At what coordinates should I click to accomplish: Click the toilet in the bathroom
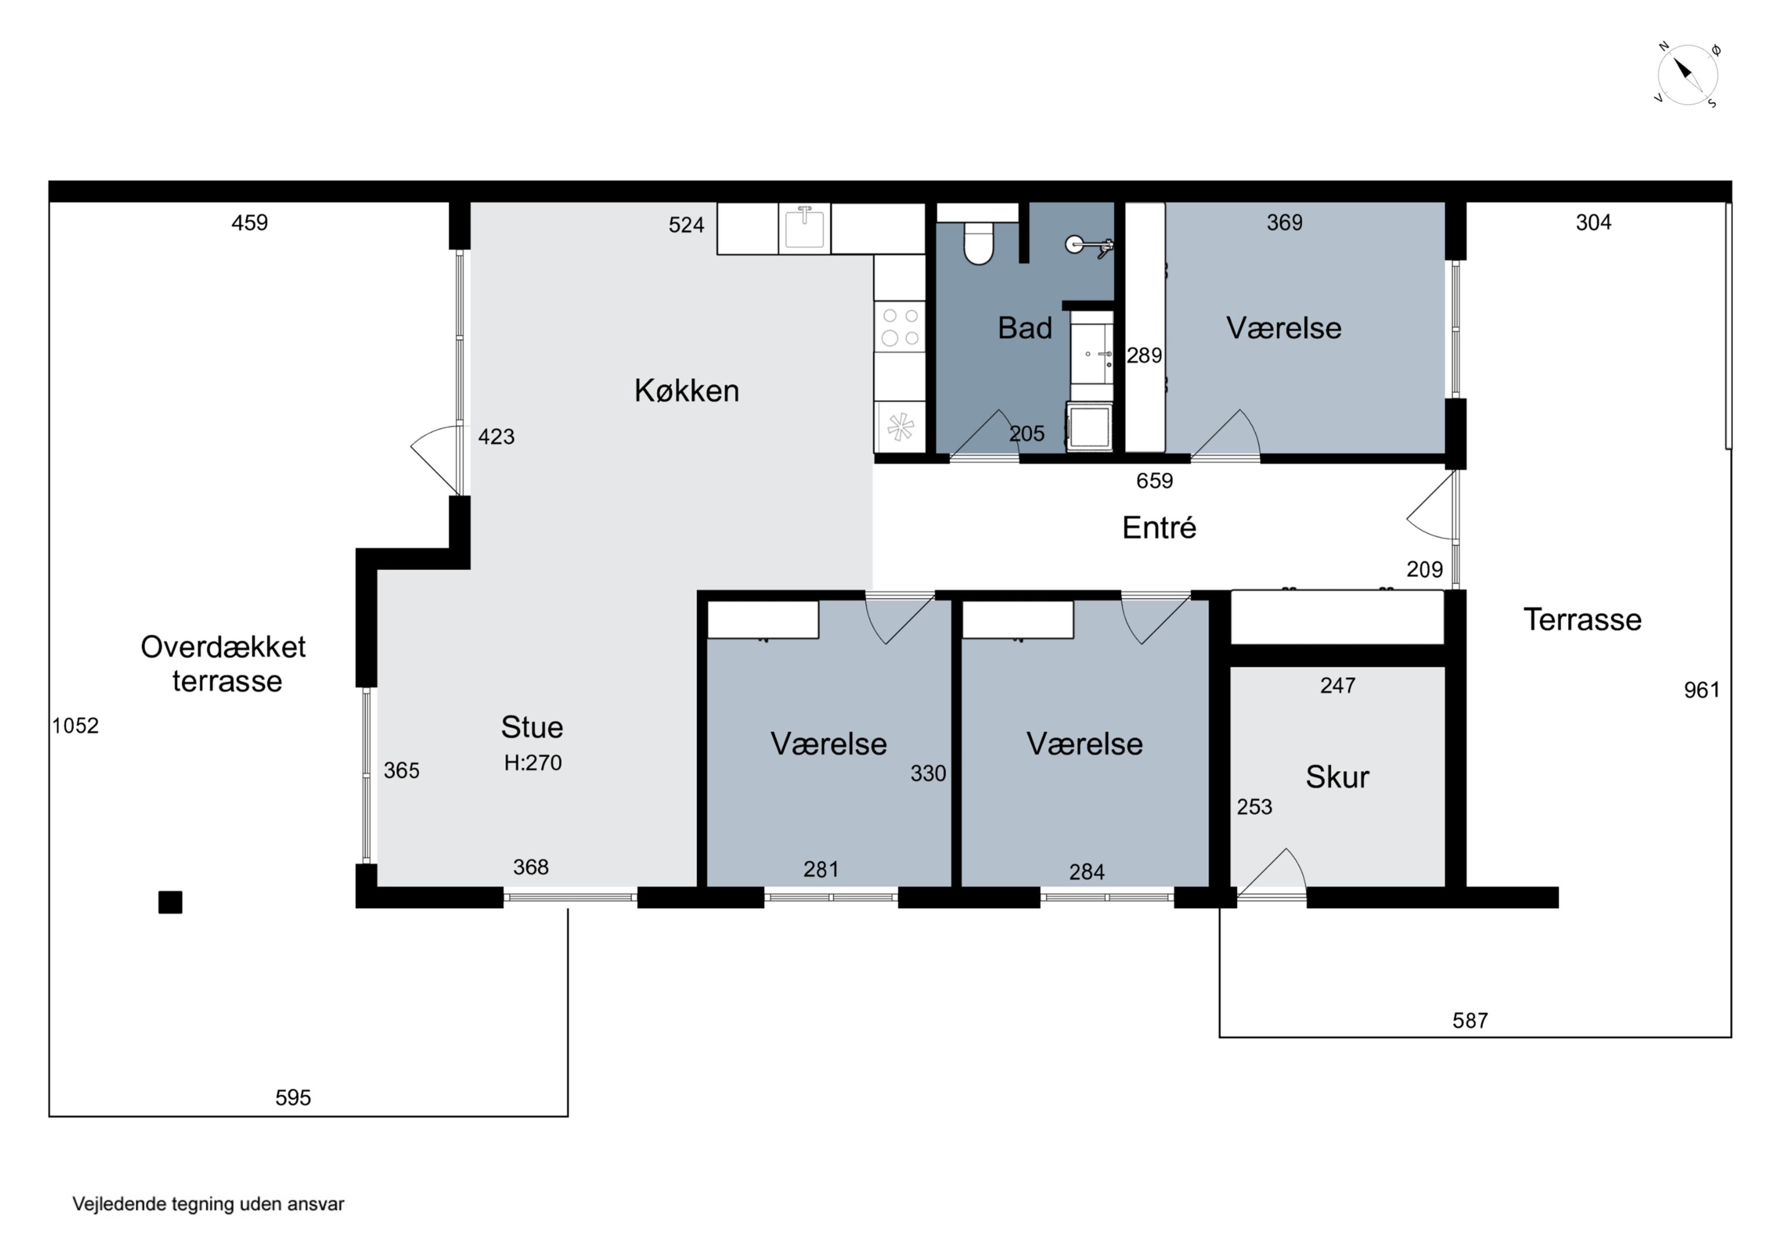coord(978,243)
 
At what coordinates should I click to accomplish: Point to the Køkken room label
coord(686,390)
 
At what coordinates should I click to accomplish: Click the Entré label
coord(1159,528)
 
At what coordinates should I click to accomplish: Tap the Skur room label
coord(1338,776)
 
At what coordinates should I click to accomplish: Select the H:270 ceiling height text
coord(533,763)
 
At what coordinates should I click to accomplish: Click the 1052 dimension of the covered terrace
coord(75,725)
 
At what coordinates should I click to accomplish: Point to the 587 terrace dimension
coord(1470,1020)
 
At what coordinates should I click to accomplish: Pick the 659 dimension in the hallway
coord(1154,481)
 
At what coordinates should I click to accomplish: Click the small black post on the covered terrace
coord(170,902)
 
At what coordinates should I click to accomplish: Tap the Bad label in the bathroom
coord(1025,328)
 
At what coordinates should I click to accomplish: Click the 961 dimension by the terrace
coord(1702,690)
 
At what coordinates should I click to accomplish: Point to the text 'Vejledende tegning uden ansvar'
coord(208,1204)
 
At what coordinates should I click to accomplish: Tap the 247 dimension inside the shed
coord(1338,685)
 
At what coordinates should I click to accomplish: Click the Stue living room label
coord(532,727)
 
